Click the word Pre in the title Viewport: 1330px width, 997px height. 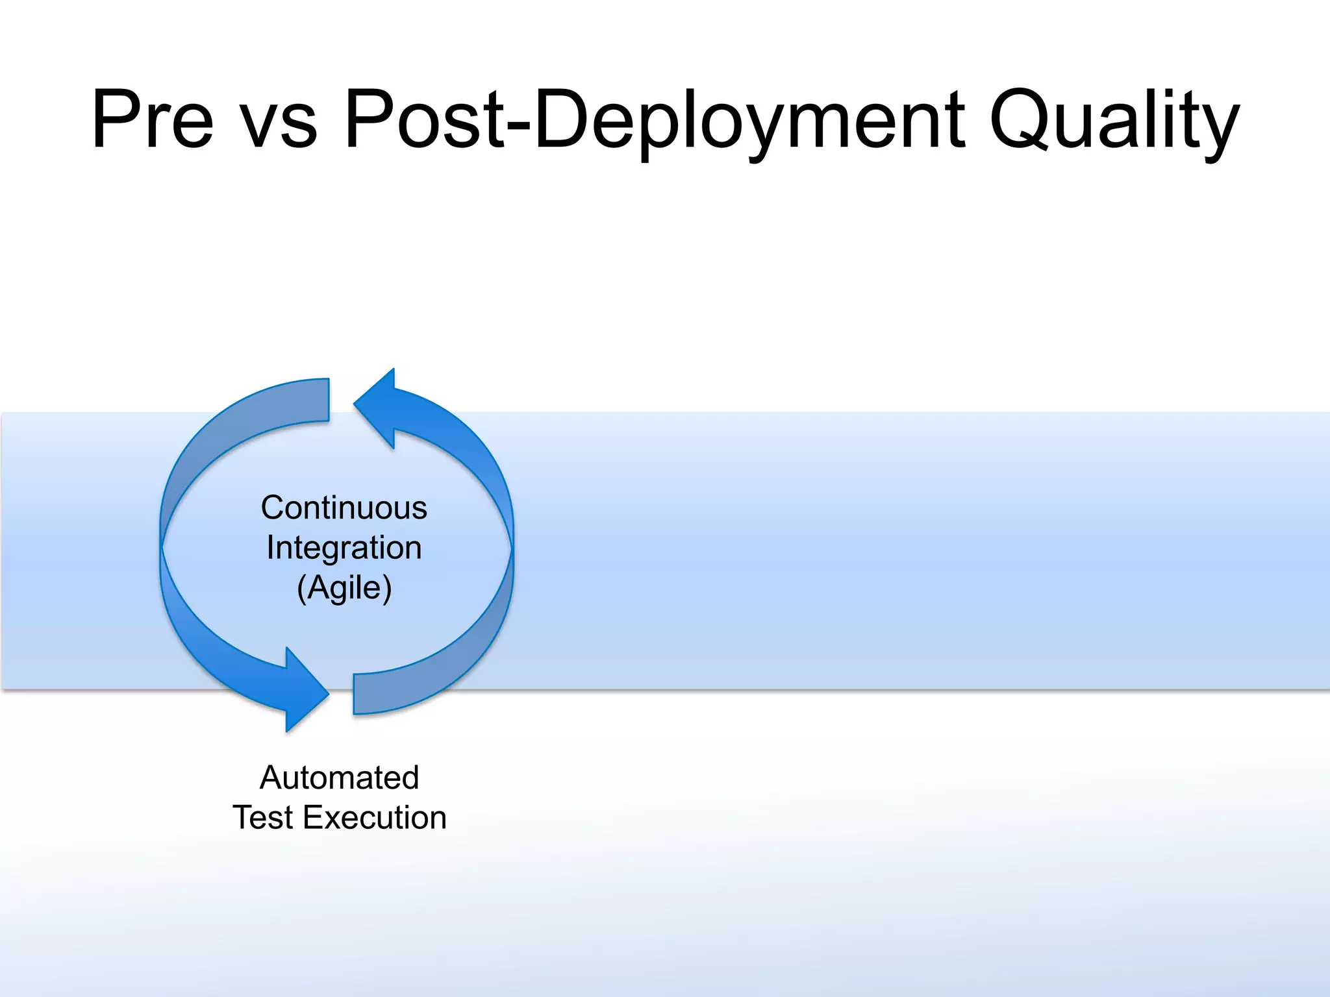[x=153, y=120]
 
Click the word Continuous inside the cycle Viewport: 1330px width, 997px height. [x=344, y=508]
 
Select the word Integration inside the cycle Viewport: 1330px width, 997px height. [x=344, y=548]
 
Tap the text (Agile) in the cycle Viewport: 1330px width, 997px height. [x=344, y=588]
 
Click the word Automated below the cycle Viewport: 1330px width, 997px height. [x=339, y=778]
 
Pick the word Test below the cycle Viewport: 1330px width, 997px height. [x=262, y=818]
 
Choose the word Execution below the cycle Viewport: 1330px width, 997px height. [x=375, y=818]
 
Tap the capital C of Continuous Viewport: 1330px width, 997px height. [x=274, y=508]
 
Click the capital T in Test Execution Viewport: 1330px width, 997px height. [x=245, y=818]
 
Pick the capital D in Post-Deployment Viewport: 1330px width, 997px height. [x=564, y=120]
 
